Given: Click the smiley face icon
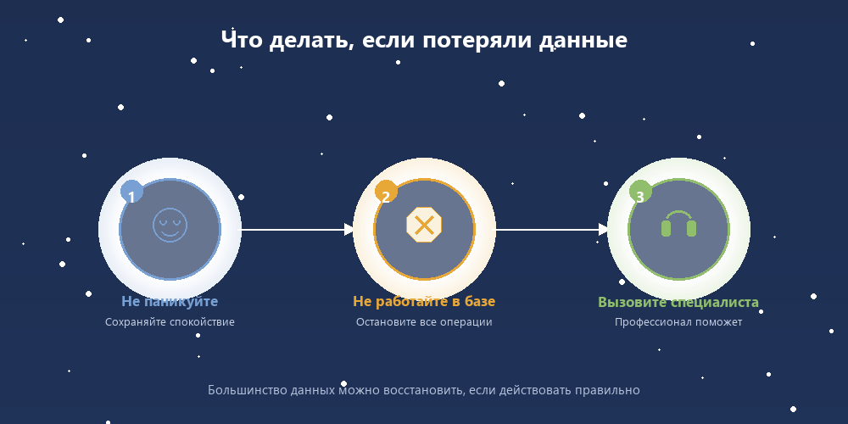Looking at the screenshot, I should coord(170,225).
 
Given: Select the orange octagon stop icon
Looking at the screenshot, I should coord(424,225).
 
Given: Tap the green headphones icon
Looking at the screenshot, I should coord(678,225).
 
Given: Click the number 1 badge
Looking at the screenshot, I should coord(131,198).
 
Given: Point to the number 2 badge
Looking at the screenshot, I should coord(386,198).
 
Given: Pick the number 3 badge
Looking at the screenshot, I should coord(640,198).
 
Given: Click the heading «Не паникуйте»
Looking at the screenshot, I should coord(170,302).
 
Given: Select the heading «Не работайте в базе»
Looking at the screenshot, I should coord(424,302).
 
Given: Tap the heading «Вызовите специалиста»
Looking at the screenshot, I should coord(678,303).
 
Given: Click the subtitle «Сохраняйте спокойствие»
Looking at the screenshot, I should coord(170,322).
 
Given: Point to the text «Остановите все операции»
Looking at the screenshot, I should coord(424,322).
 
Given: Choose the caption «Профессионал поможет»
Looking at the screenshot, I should coord(678,322).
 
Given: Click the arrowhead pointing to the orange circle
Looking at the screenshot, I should coord(349,229).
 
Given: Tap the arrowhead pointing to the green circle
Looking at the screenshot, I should coord(603,229).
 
